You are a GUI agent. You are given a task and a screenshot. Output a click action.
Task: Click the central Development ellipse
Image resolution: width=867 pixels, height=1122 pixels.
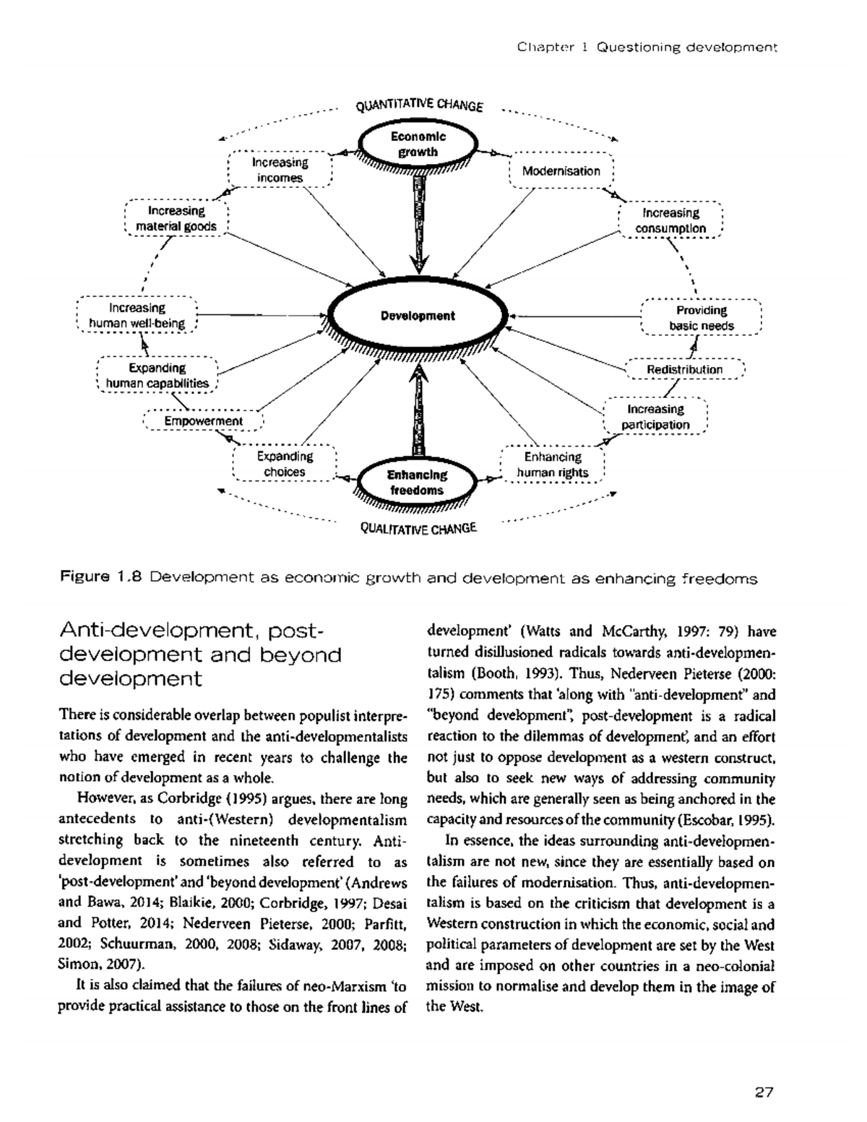[418, 316]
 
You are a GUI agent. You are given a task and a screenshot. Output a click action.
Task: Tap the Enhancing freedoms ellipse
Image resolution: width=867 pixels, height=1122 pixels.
[418, 483]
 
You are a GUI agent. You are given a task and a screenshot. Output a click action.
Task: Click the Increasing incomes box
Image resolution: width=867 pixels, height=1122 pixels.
[280, 170]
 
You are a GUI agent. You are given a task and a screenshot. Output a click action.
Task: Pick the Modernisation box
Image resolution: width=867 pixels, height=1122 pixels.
[561, 171]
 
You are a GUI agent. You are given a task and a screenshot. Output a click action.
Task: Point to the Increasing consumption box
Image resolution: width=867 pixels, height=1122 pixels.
[670, 220]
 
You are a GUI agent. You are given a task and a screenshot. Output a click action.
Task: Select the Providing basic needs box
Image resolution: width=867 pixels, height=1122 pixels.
[701, 318]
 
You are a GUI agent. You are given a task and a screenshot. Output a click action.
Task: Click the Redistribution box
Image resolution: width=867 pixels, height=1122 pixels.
[683, 369]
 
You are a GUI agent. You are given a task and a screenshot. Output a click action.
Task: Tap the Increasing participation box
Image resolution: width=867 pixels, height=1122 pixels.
[655, 417]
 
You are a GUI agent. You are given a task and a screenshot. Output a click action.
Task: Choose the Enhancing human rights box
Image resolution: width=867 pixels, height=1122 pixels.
[552, 465]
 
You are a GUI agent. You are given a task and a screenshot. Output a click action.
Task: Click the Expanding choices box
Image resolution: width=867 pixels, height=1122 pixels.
[285, 464]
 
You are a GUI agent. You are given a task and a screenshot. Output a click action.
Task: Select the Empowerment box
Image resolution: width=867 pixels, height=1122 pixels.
[203, 421]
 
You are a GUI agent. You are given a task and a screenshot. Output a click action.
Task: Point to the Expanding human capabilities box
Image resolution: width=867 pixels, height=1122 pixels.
[157, 376]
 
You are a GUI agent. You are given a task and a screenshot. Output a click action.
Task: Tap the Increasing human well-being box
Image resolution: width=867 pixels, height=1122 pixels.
[137, 316]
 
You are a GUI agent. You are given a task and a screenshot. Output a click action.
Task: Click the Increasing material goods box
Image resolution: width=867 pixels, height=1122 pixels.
[176, 218]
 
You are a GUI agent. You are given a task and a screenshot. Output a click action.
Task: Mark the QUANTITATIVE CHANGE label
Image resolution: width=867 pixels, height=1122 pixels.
[419, 105]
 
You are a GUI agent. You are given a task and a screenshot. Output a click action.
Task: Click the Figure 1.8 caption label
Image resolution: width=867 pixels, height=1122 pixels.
[103, 578]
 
